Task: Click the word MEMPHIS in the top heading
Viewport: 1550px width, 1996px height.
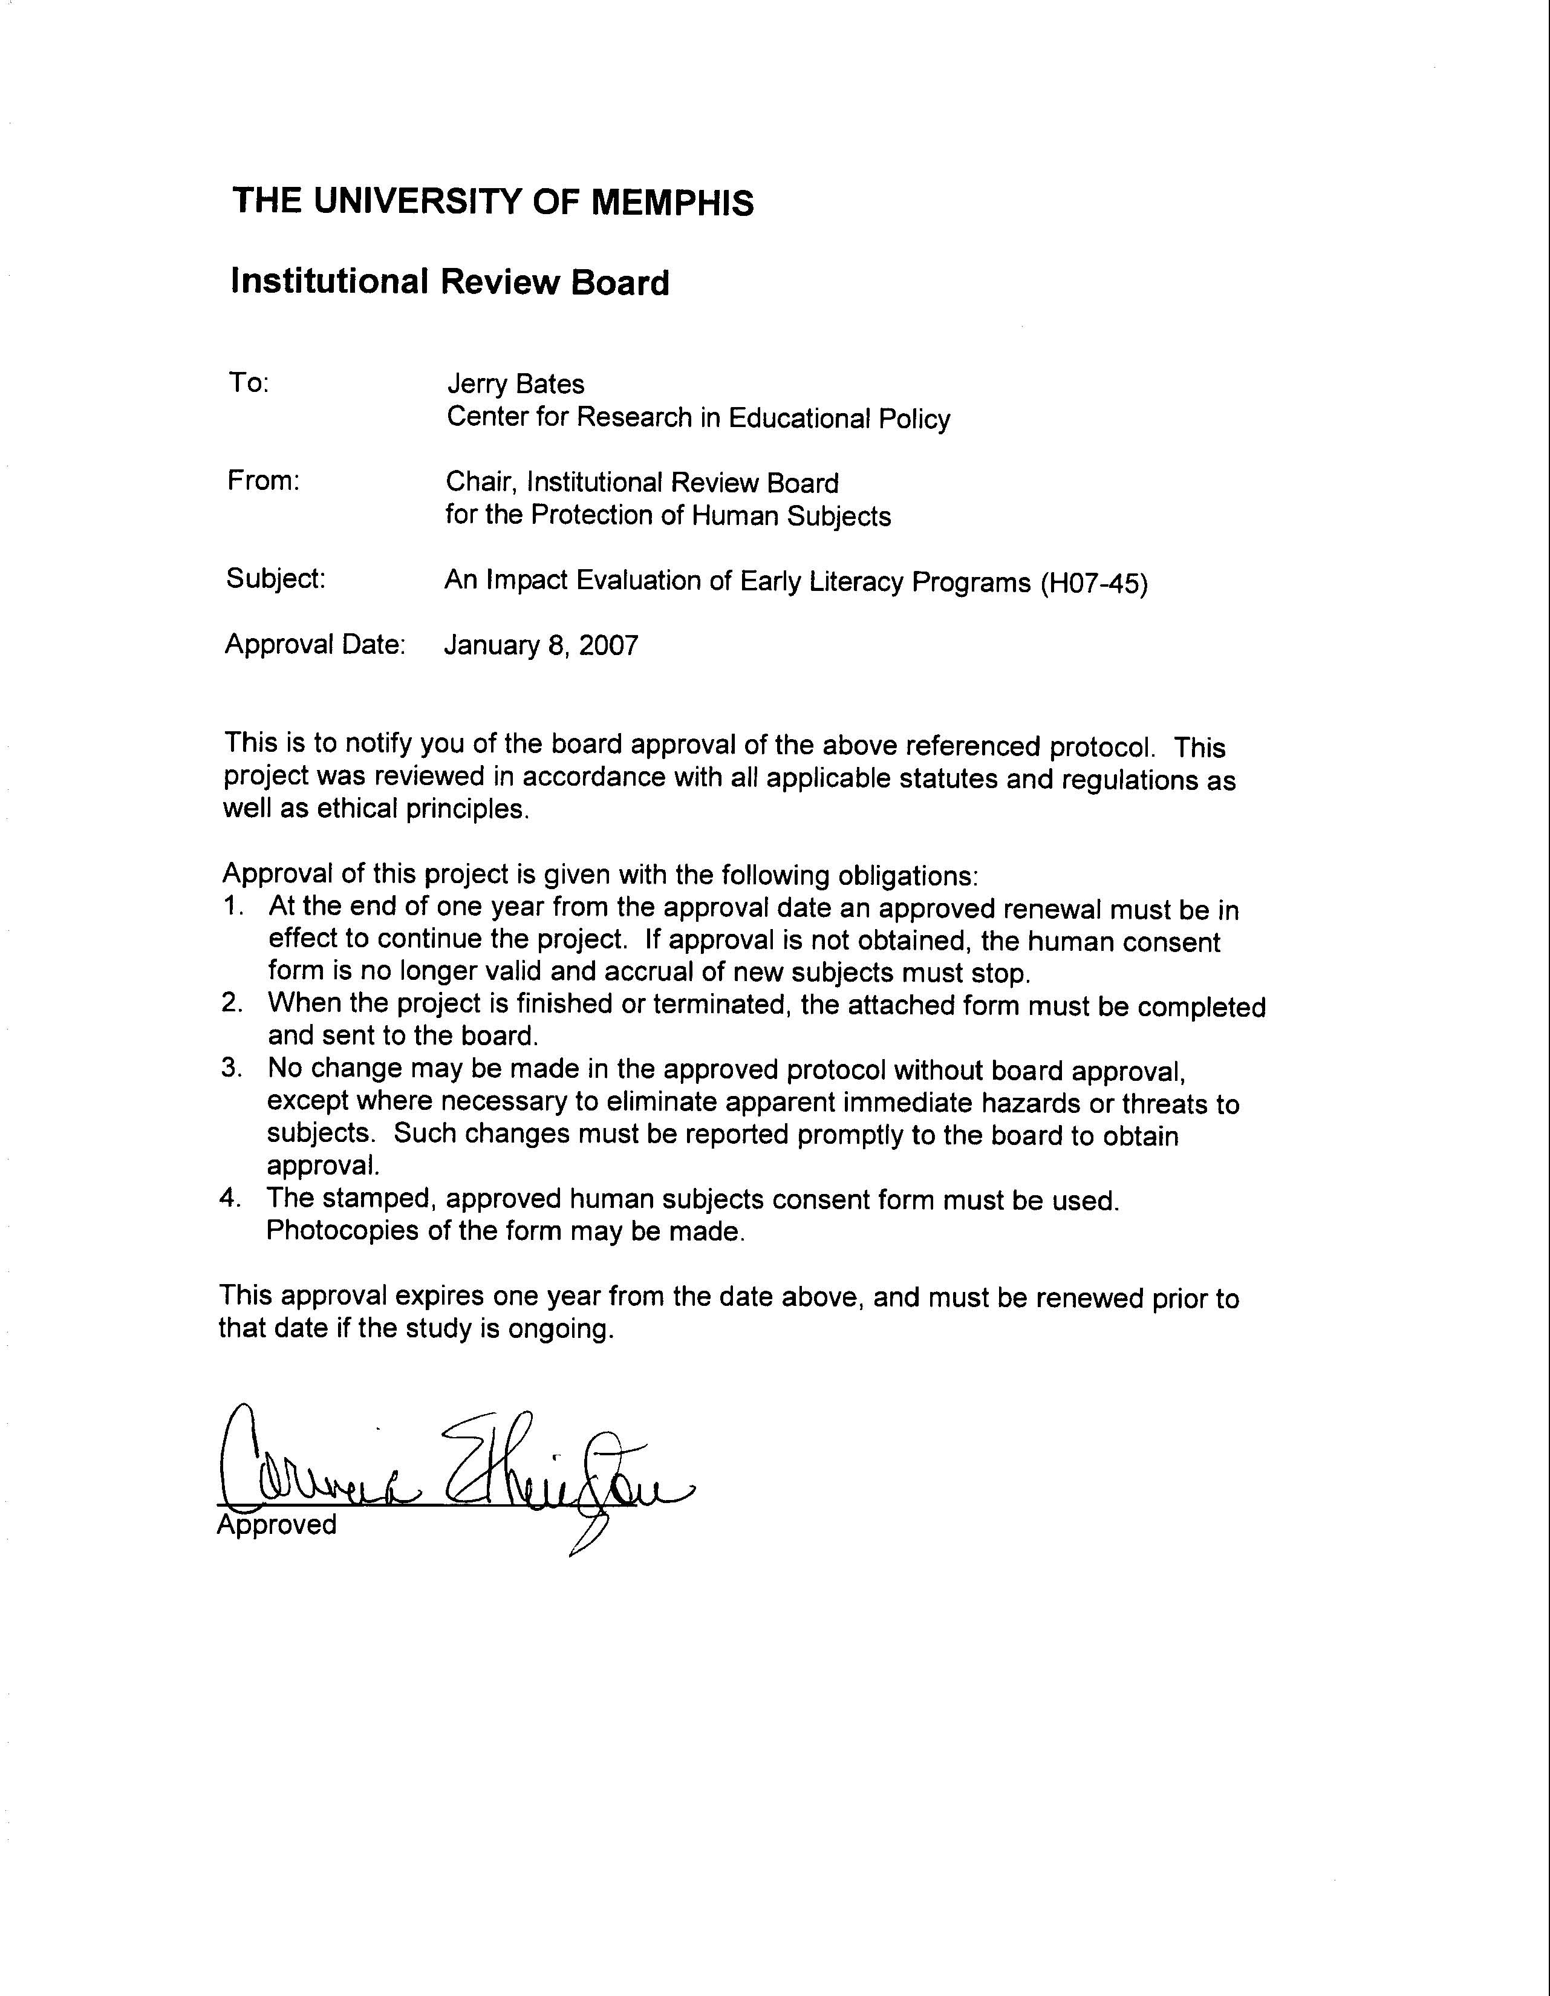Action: [672, 202]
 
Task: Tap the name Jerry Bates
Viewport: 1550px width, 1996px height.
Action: [515, 384]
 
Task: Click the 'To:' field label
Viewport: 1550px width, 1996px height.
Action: [249, 383]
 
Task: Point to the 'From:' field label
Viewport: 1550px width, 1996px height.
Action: [263, 481]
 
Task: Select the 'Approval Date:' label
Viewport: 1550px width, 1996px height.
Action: [315, 644]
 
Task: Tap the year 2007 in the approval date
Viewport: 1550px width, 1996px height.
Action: [608, 646]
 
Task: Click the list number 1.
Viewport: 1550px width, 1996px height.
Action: [233, 907]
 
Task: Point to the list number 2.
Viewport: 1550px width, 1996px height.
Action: [232, 1003]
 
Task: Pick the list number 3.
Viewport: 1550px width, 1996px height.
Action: [232, 1068]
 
